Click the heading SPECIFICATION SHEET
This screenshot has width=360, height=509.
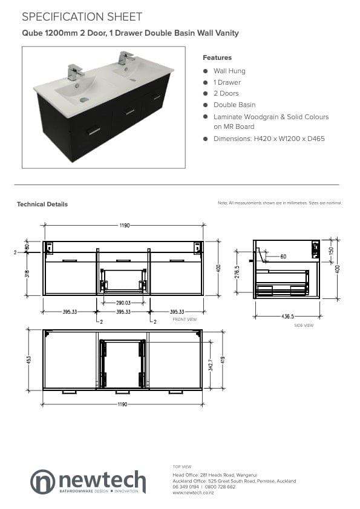[82, 16]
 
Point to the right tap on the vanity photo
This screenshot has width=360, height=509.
[126, 59]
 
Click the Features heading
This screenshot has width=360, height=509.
[217, 57]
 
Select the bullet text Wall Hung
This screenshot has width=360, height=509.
[229, 71]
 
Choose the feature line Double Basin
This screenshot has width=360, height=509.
[234, 105]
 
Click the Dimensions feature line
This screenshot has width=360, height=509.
[269, 139]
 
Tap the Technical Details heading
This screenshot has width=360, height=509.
[42, 204]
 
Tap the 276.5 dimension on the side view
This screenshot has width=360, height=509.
[237, 272]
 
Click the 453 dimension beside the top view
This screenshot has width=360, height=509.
[28, 359]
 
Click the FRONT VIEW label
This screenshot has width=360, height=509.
[185, 319]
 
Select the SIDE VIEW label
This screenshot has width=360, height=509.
[303, 325]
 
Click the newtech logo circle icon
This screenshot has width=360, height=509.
[42, 481]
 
